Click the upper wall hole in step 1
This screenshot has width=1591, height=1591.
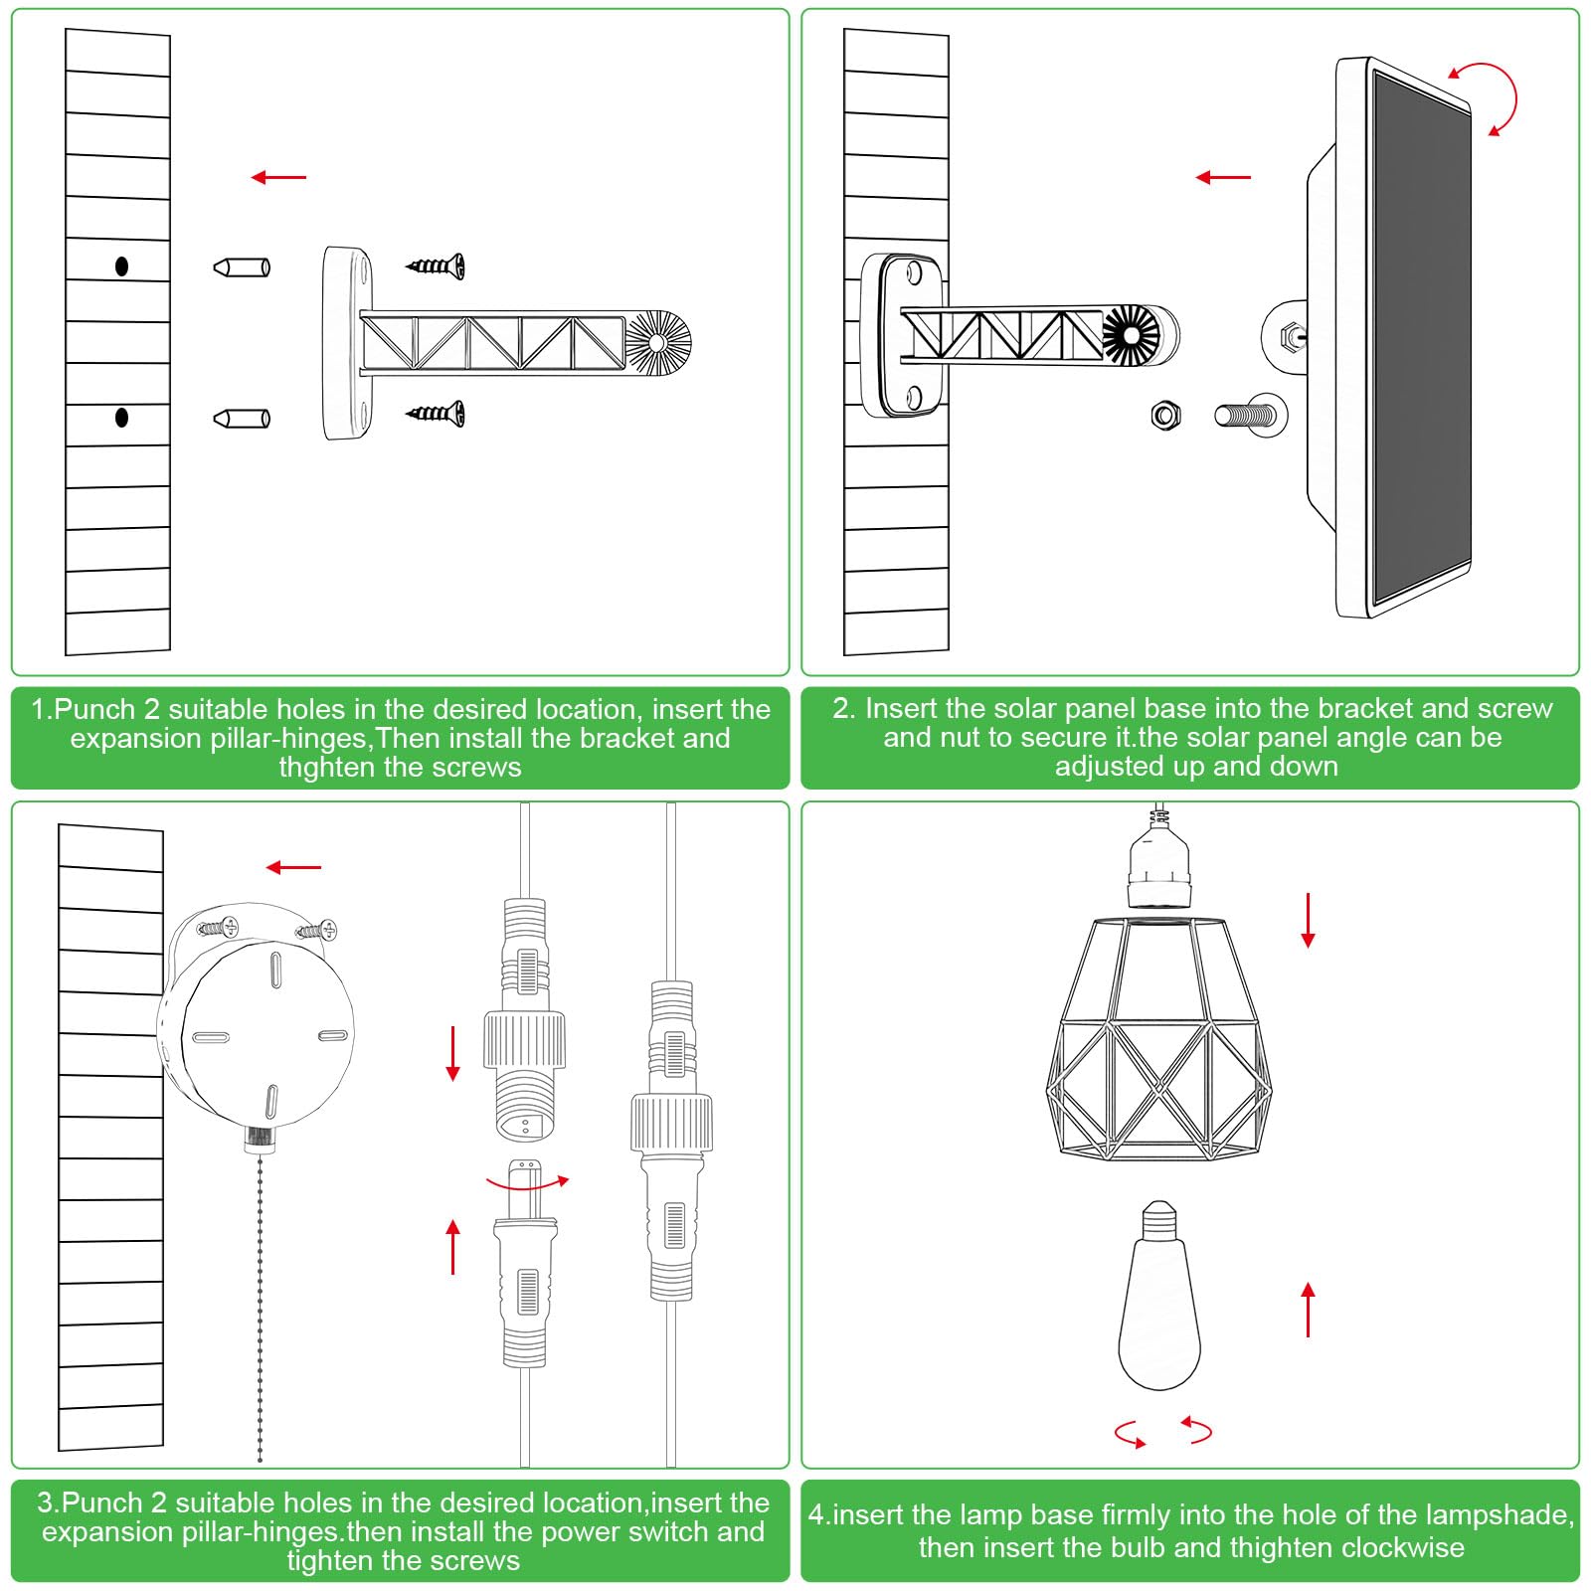tap(121, 266)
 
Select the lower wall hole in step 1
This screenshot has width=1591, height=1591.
tap(121, 418)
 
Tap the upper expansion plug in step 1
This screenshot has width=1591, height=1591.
tap(242, 267)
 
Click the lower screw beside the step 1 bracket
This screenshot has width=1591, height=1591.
tap(436, 412)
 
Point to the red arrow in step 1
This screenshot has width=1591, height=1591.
tap(278, 178)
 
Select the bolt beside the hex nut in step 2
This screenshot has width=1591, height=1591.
tap(1250, 414)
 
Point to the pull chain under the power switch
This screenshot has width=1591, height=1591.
tap(261, 1303)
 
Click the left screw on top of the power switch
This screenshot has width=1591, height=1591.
tap(218, 928)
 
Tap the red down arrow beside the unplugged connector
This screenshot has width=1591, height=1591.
tap(453, 1053)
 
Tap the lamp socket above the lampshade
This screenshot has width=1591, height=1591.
tap(1158, 863)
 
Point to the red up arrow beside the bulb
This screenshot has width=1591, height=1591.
tap(1308, 1309)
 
